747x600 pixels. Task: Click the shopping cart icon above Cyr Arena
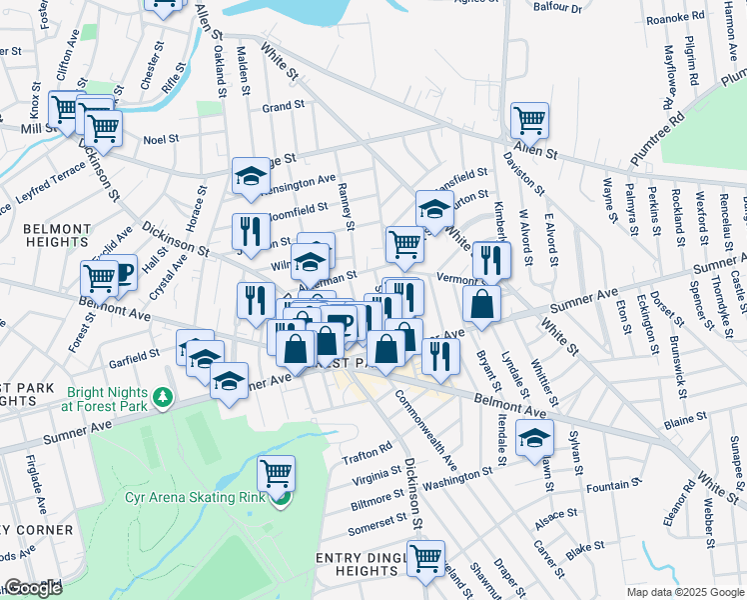point(276,471)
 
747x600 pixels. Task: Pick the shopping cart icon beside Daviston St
point(529,120)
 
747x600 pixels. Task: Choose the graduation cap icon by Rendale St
point(534,436)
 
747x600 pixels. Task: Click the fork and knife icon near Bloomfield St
point(251,231)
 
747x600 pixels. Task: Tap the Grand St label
point(283,106)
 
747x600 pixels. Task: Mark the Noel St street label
point(161,140)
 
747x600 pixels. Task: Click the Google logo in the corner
point(33,587)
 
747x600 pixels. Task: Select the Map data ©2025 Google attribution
point(683,592)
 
